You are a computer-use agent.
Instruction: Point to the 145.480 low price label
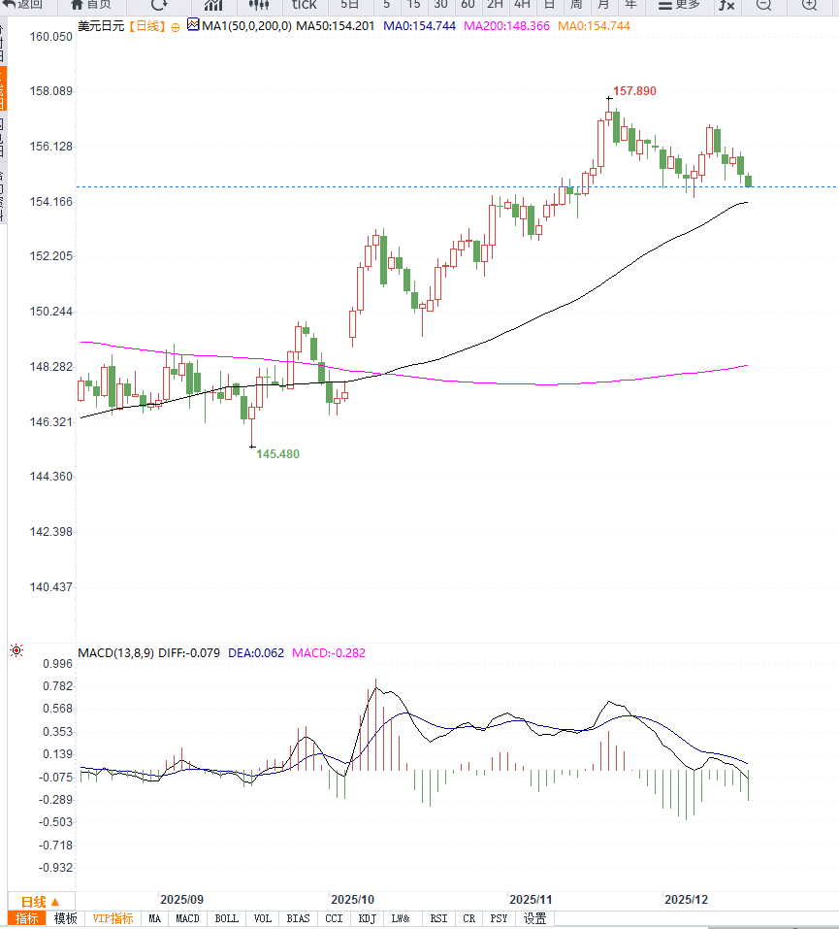[x=277, y=453]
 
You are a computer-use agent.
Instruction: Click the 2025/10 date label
[x=351, y=900]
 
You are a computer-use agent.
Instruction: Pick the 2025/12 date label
[x=686, y=900]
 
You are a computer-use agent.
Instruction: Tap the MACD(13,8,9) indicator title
[x=115, y=652]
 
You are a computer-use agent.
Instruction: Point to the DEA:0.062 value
[x=256, y=652]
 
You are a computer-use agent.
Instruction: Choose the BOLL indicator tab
[x=226, y=918]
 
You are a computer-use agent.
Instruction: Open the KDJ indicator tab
[x=367, y=918]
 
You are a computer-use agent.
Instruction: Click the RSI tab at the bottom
[x=438, y=918]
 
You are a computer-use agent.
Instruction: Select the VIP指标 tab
[x=113, y=918]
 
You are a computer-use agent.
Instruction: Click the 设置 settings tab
[x=534, y=918]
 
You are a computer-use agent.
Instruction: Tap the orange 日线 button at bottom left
[x=41, y=901]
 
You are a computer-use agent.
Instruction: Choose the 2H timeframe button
[x=495, y=5]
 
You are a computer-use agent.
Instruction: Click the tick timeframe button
[x=305, y=5]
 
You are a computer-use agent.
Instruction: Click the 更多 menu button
[x=679, y=5]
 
